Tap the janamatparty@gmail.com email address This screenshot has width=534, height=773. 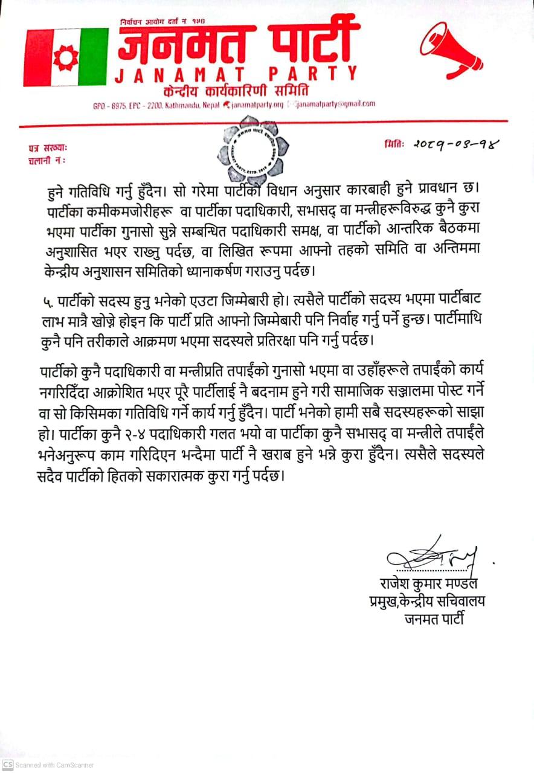pyautogui.click(x=336, y=104)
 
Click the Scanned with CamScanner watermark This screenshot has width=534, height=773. pyautogui.click(x=48, y=765)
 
